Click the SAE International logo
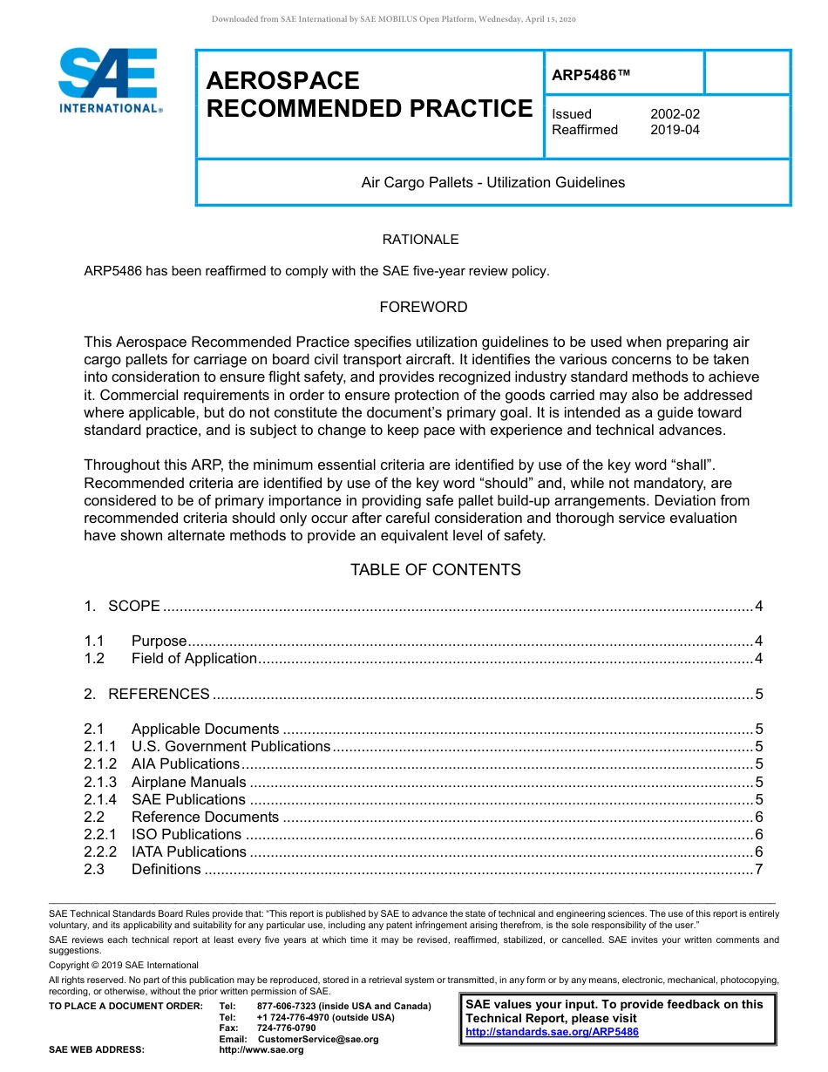click(x=109, y=81)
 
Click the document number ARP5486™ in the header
click(x=590, y=76)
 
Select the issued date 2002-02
click(x=675, y=114)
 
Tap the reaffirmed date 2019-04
click(x=675, y=130)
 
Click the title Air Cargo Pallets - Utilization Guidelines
click(x=493, y=183)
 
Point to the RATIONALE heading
click(x=421, y=240)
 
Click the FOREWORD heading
click(x=424, y=308)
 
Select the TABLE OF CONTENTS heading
click(x=436, y=570)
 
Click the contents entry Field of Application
click(x=194, y=659)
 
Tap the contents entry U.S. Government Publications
click(x=231, y=747)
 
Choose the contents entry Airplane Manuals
click(x=189, y=783)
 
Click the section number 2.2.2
click(x=100, y=852)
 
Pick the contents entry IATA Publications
click(x=189, y=852)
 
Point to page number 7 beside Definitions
click(x=759, y=870)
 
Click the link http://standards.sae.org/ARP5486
click(x=553, y=1032)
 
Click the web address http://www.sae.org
click(x=261, y=1050)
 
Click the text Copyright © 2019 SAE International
click(x=124, y=965)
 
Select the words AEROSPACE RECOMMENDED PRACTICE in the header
click(x=369, y=95)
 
